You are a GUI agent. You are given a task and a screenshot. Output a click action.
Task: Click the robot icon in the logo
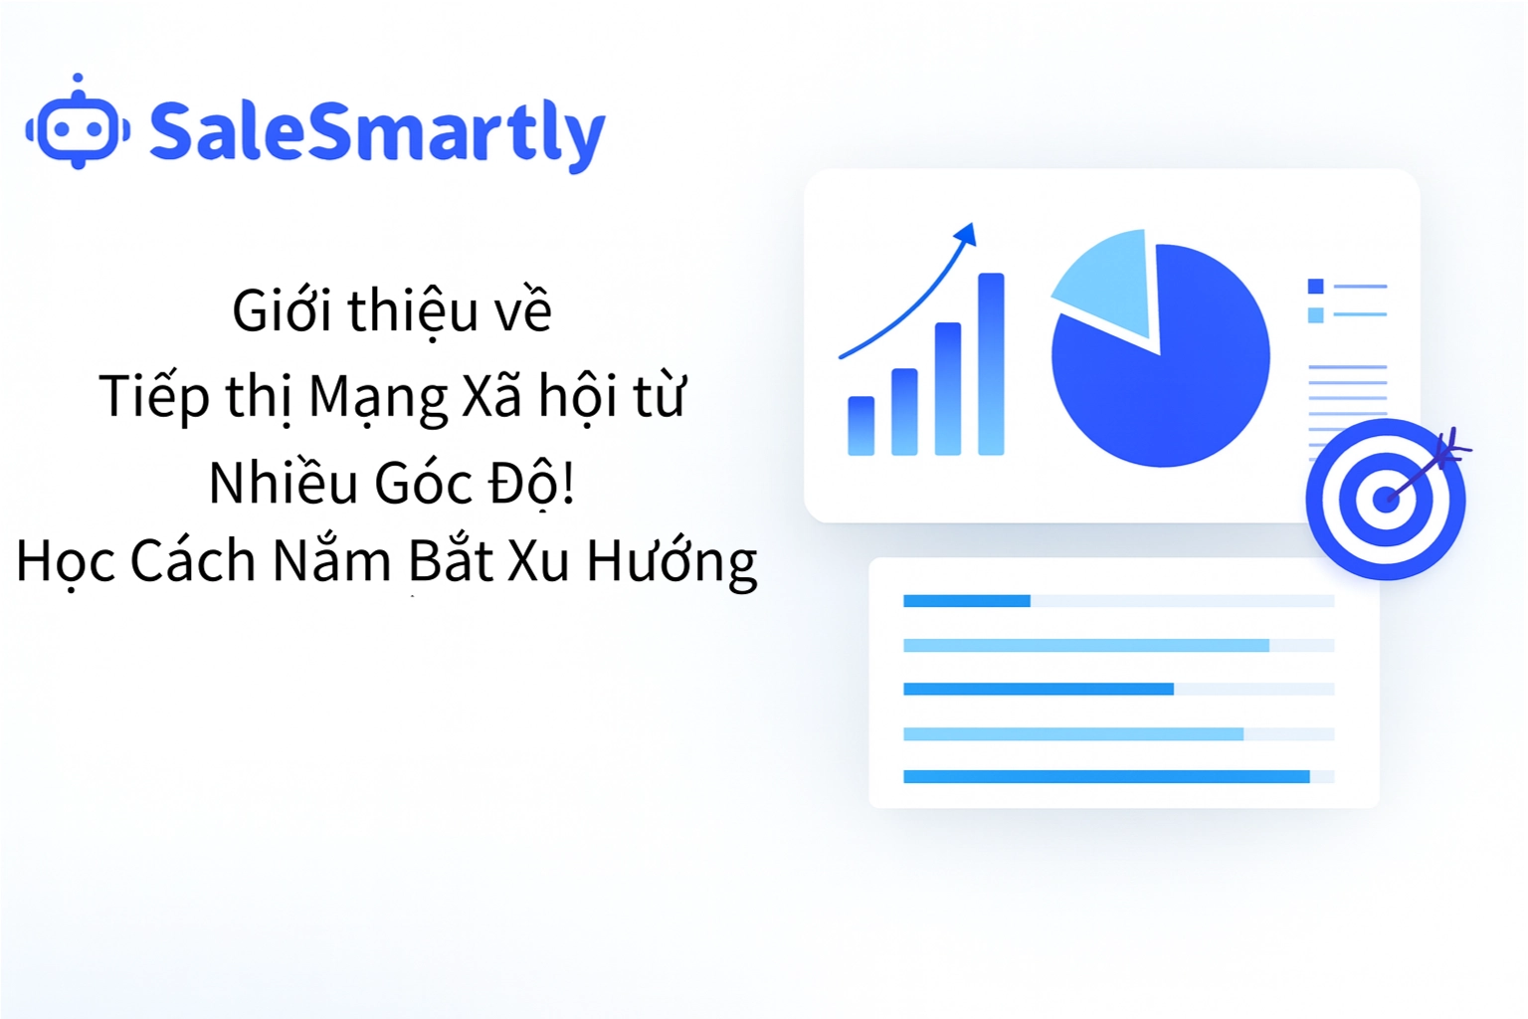(x=78, y=126)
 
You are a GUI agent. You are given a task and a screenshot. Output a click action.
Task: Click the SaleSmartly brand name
(x=377, y=132)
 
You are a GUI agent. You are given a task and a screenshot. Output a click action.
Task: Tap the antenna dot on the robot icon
(x=78, y=78)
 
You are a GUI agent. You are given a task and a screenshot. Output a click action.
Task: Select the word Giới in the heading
(x=282, y=310)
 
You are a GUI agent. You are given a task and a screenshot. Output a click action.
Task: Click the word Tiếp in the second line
(x=154, y=397)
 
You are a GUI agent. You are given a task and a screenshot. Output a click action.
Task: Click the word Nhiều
(x=283, y=483)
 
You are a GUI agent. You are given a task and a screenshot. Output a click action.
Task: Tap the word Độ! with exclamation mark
(x=531, y=483)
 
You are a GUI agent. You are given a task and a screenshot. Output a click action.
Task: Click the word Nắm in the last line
(x=331, y=560)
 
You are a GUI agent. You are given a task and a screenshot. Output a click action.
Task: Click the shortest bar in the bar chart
(x=860, y=426)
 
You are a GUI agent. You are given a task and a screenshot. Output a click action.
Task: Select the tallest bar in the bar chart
(x=991, y=364)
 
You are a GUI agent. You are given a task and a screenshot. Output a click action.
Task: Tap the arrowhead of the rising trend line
(x=966, y=235)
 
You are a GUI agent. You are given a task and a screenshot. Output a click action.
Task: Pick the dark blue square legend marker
(x=1315, y=287)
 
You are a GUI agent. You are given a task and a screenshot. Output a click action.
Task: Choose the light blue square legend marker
(x=1315, y=315)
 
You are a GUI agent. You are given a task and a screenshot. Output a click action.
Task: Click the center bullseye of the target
(x=1385, y=499)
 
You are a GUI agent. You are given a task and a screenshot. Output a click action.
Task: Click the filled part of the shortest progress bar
(x=966, y=600)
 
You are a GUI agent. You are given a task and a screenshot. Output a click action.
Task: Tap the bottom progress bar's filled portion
(x=1105, y=776)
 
